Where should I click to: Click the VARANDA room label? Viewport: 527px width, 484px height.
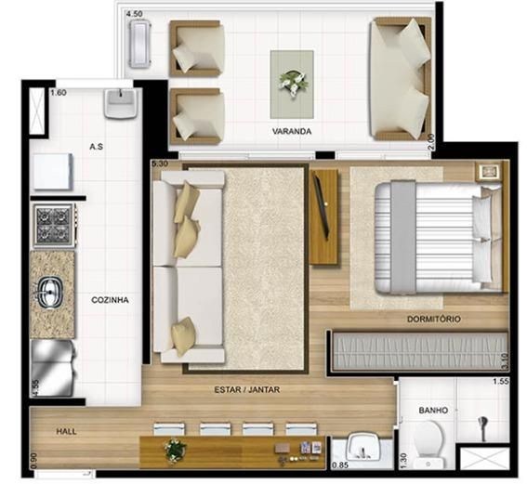coord(292,131)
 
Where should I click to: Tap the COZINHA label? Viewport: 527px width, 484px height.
coord(111,300)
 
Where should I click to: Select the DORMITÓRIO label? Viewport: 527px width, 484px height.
coord(434,319)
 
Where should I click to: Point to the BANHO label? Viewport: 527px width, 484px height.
coord(433,410)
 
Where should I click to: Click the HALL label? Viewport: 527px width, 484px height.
coord(66,432)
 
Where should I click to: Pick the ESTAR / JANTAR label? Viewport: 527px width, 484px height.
coord(247,389)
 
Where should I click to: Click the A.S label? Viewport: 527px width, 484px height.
coord(96,147)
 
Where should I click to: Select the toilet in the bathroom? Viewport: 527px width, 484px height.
coord(429,443)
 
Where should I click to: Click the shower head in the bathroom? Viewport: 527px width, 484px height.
coord(483,428)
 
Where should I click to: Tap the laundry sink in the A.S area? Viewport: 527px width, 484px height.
coord(120,103)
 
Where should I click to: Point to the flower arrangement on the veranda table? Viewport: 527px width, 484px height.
coord(294,83)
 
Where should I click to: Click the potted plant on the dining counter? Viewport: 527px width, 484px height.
coord(175,451)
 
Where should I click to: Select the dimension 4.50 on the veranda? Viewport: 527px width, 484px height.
coord(134,14)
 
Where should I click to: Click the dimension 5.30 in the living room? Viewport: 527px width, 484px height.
coord(159,164)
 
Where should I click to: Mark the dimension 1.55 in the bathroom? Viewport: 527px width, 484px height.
coord(500,381)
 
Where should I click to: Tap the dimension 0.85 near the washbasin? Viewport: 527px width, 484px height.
coord(340,465)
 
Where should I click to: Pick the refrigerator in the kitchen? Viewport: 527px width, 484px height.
coord(53,369)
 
